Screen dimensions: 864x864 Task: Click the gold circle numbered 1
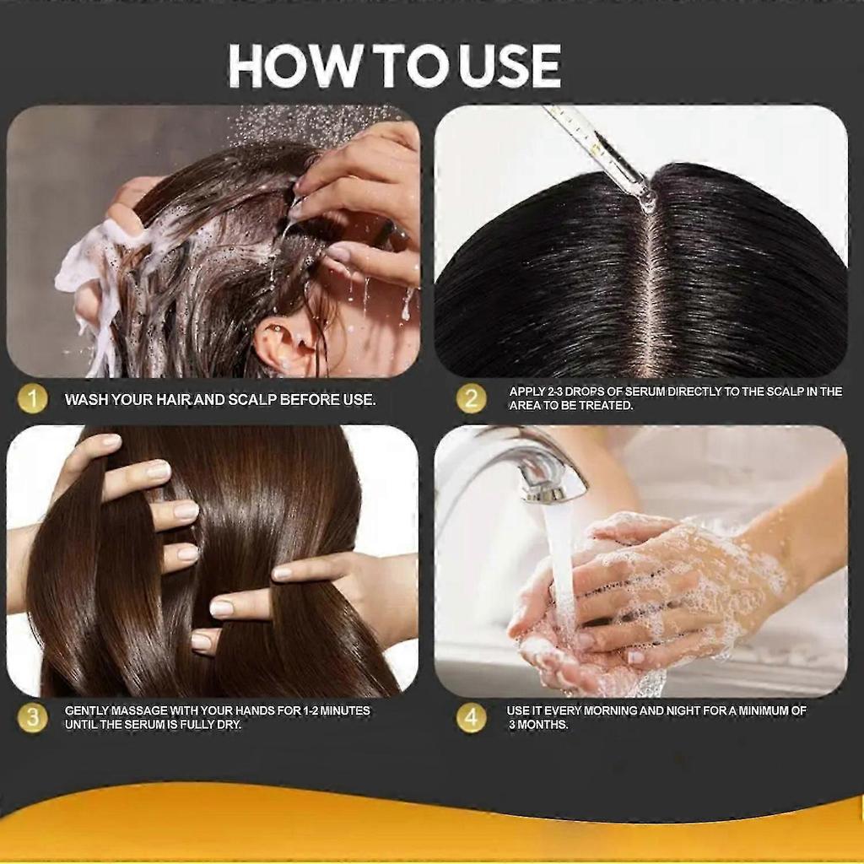32,399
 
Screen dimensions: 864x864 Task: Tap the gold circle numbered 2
472,399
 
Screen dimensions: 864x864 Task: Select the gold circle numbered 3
32,718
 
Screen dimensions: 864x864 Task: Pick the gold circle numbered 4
472,718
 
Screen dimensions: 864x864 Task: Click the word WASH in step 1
86,400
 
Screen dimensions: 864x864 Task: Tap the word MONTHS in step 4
545,726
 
